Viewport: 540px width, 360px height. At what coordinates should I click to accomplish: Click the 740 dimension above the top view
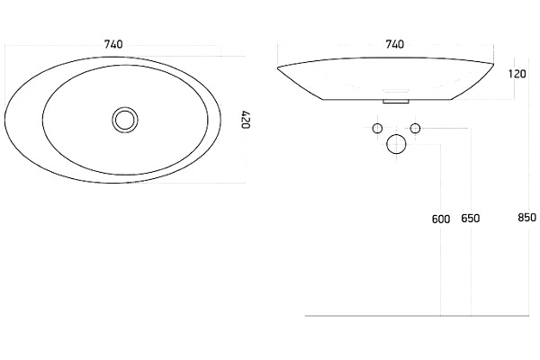click(113, 44)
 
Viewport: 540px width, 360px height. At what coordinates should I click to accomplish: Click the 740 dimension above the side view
click(395, 44)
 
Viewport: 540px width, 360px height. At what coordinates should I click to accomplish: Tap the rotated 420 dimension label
click(245, 120)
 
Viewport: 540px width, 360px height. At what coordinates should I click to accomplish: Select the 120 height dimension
click(517, 74)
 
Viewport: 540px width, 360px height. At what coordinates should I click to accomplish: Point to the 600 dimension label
click(441, 219)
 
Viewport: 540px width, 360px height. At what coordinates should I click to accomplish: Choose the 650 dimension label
click(471, 219)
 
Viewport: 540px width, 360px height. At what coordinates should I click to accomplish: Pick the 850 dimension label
click(526, 218)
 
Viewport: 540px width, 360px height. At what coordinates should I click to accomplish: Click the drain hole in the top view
click(125, 120)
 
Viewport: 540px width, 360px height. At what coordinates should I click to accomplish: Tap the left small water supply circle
click(377, 129)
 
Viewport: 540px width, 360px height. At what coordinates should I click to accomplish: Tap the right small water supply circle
click(415, 129)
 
